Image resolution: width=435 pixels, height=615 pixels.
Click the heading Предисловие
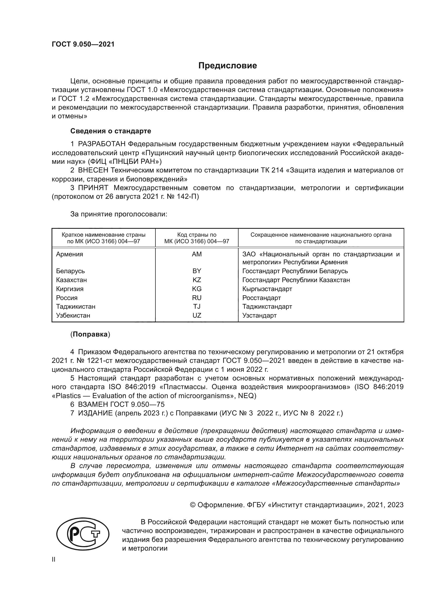(x=227, y=66)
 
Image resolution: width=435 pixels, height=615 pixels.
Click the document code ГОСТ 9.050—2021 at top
(x=83, y=44)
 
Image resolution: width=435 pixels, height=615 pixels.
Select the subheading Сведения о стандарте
(x=111, y=131)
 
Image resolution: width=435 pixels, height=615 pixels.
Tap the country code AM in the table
(x=197, y=254)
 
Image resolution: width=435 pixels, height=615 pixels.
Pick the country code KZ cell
(x=197, y=280)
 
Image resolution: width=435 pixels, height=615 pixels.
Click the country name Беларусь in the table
(x=70, y=271)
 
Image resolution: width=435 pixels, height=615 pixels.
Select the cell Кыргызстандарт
(x=267, y=289)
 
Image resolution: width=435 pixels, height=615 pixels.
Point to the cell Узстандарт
(x=259, y=315)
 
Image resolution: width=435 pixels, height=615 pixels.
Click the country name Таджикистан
(x=75, y=306)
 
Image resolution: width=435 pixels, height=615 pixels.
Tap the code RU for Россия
(x=197, y=298)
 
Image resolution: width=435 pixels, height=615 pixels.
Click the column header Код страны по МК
(x=197, y=238)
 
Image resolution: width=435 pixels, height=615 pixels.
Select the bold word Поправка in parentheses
(x=90, y=334)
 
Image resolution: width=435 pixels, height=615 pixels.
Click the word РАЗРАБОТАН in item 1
(x=102, y=144)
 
